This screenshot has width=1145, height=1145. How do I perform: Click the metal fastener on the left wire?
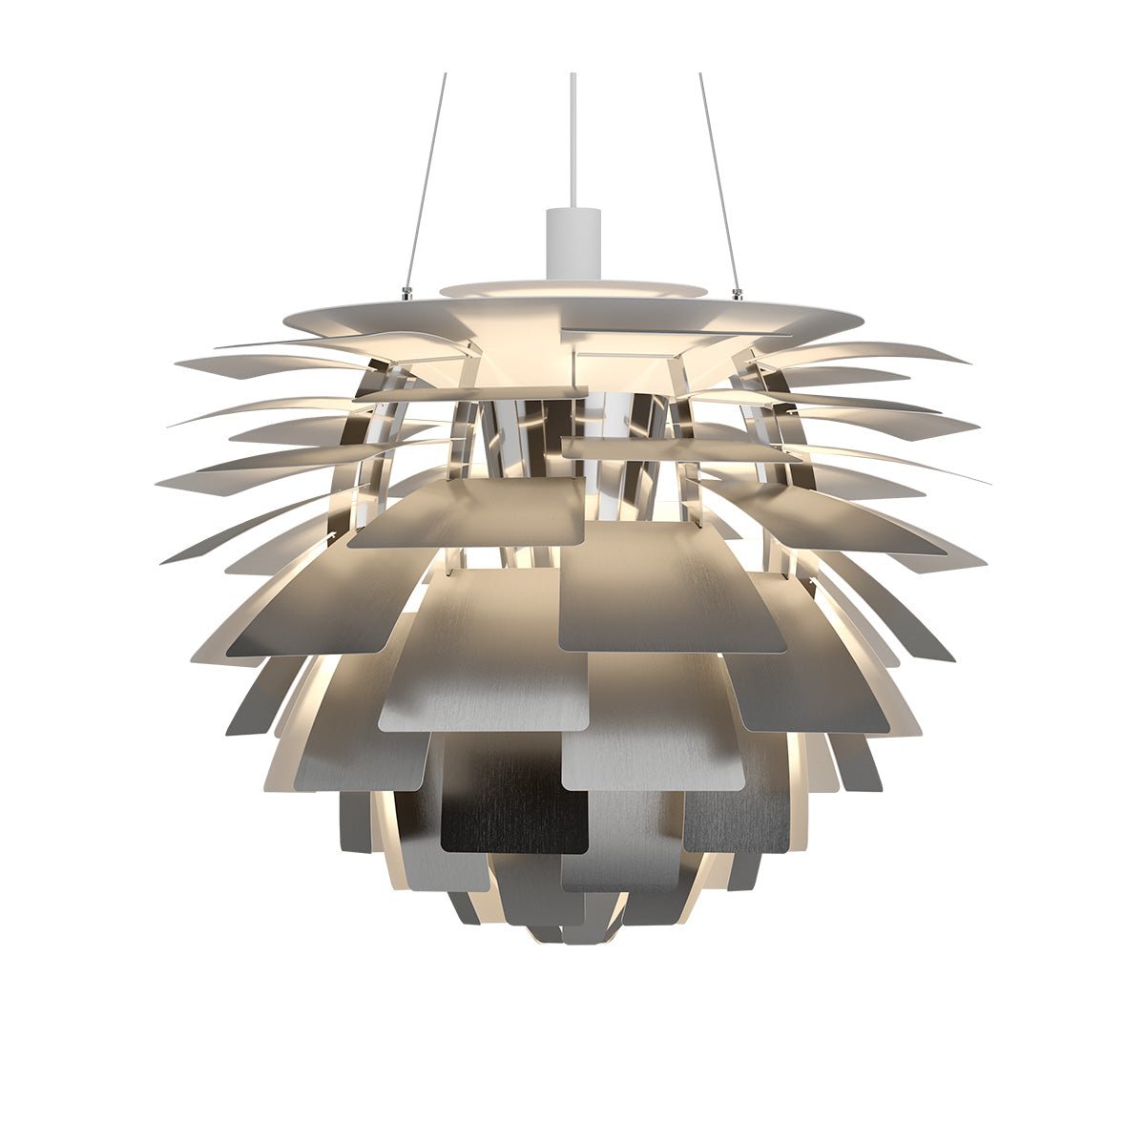click(408, 292)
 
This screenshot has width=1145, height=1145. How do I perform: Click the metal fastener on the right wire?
click(737, 292)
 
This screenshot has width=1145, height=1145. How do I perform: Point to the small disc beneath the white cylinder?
click(573, 288)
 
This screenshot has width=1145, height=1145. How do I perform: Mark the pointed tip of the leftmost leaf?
click(156, 483)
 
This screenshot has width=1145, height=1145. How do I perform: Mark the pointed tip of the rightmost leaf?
click(989, 483)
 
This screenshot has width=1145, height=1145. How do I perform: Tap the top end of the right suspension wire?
click(700, 74)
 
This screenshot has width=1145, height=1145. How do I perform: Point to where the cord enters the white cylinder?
click(573, 209)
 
